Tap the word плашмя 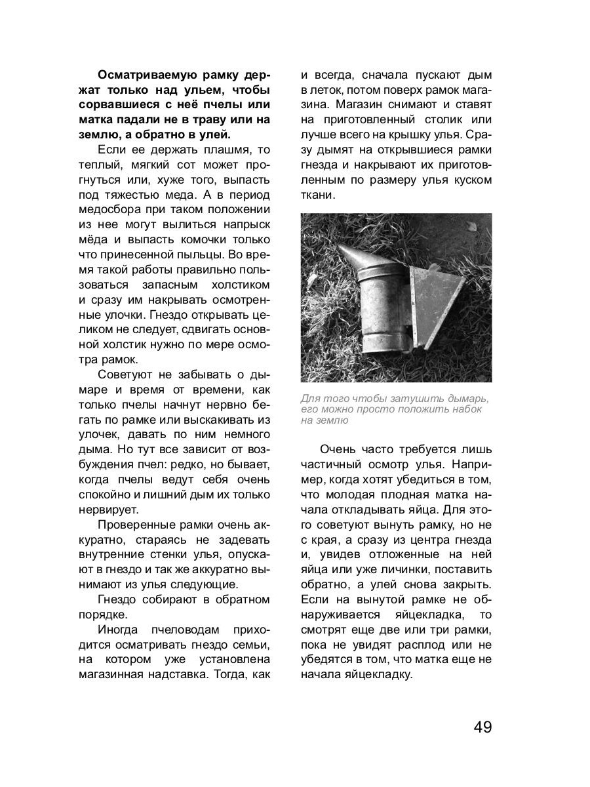point(216,150)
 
